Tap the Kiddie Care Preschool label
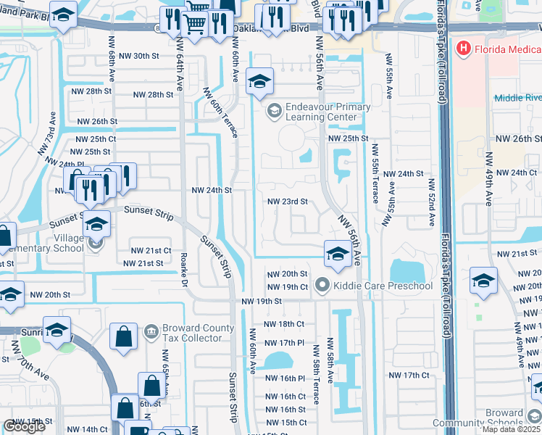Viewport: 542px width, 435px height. pos(383,286)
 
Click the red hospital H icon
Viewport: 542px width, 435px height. pos(463,49)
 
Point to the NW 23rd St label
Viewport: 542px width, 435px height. pos(288,202)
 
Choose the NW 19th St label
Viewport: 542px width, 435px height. pos(261,301)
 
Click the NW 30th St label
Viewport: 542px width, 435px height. pos(135,56)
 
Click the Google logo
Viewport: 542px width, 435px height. pos(24,426)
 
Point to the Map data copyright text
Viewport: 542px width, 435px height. pos(512,429)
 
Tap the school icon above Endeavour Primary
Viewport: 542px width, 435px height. pos(259,82)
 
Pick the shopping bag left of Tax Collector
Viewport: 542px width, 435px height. pos(123,336)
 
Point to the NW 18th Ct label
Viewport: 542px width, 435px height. pos(283,324)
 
